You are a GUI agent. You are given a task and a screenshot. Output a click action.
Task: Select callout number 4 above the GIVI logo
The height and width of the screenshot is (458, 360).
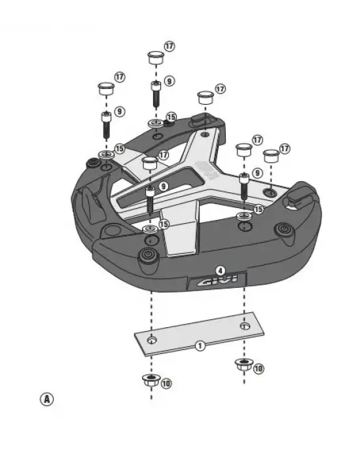(221, 270)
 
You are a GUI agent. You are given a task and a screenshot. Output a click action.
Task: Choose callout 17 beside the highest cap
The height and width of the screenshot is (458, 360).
(170, 46)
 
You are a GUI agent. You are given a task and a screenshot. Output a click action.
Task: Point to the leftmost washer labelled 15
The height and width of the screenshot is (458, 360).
(105, 154)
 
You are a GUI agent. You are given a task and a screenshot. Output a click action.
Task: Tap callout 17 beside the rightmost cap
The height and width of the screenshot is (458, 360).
(285, 149)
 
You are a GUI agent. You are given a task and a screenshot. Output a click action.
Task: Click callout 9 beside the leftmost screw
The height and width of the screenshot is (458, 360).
(119, 112)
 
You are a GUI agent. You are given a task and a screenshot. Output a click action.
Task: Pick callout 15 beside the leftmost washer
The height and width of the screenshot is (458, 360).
(119, 149)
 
